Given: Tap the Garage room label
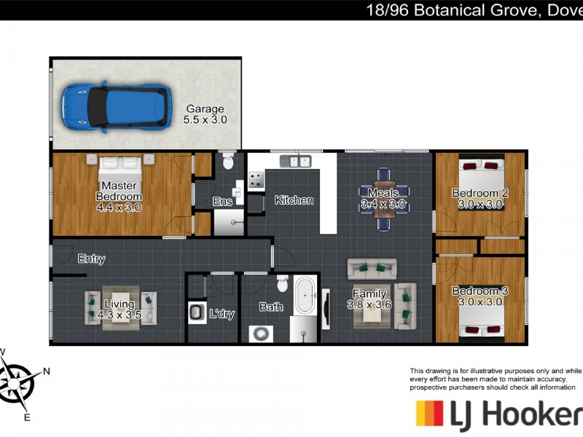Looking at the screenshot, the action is point(205,109).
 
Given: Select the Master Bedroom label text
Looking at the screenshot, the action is point(119,191).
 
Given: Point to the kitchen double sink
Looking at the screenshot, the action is point(296,161).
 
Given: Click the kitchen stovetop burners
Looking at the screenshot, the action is point(256,179).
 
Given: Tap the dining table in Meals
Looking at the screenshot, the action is point(384,199).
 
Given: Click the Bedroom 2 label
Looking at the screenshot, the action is point(480,193).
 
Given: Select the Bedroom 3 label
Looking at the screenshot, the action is point(480,291).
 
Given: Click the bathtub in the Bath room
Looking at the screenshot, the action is point(305,296).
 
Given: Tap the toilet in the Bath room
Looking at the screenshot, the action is point(283,284).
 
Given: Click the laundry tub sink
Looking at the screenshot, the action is point(197,312).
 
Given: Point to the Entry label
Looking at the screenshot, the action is point(92,259).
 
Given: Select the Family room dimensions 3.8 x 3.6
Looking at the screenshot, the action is point(369,305).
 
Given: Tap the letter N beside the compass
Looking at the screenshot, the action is point(46,371).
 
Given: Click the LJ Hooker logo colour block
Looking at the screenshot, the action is point(429,413).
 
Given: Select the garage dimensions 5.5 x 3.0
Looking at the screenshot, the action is point(205,119).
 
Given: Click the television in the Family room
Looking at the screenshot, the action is point(326,309).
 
